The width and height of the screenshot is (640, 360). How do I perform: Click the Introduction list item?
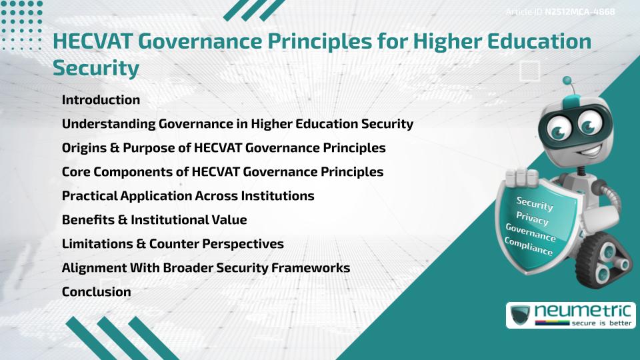pos(101,100)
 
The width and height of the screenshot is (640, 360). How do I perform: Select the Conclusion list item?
pos(96,292)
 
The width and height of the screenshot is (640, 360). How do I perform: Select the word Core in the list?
pos(76,172)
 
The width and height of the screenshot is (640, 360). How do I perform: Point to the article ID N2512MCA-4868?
pos(578,12)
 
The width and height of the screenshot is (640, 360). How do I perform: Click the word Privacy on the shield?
pos(532,218)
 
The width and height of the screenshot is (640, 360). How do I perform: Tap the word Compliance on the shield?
pos(529,247)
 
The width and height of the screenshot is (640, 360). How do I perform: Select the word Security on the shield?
pos(535,203)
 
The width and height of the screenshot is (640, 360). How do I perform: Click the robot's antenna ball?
pos(567,81)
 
